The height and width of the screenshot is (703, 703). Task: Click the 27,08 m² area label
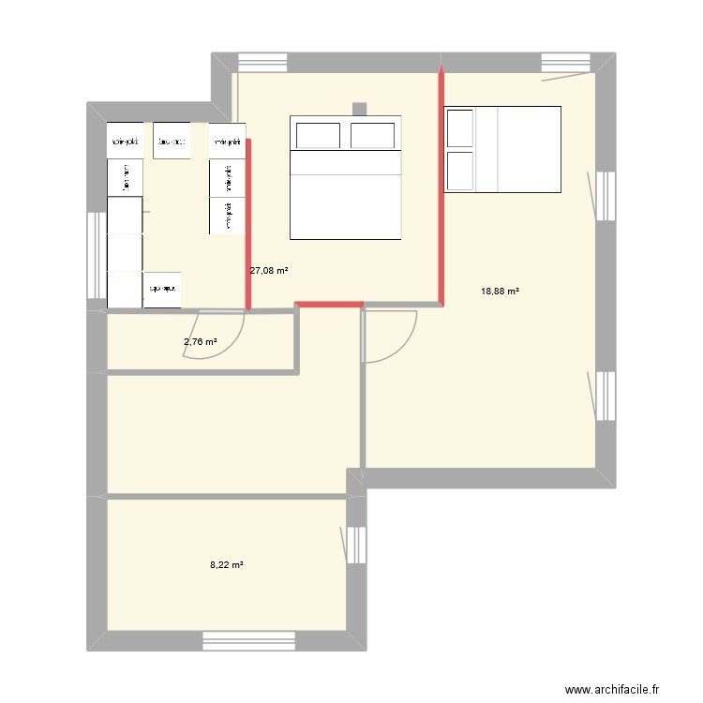click(x=268, y=271)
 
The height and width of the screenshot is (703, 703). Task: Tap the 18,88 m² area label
click(x=500, y=292)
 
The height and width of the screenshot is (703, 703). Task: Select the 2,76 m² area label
click(x=201, y=342)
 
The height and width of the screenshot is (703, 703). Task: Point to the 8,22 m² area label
click(x=227, y=565)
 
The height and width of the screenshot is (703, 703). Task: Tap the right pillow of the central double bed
click(x=372, y=135)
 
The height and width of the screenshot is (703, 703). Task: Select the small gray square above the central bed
click(x=358, y=107)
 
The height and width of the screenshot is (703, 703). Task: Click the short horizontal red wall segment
click(x=329, y=305)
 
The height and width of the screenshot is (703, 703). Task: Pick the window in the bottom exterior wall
click(x=249, y=641)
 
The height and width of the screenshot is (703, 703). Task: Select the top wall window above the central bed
click(x=262, y=62)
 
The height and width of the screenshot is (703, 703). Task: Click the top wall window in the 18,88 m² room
click(x=566, y=62)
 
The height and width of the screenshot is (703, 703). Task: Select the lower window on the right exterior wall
click(x=606, y=395)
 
